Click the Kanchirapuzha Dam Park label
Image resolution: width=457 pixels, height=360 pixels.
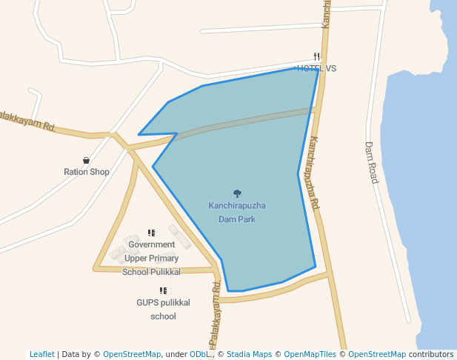click(x=237, y=212)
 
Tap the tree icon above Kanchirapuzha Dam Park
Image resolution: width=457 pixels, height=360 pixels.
click(x=237, y=194)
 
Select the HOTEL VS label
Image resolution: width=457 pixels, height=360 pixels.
click(x=316, y=68)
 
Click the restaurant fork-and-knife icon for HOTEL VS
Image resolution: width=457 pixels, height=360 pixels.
click(x=316, y=56)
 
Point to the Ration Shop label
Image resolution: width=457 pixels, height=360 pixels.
click(x=87, y=172)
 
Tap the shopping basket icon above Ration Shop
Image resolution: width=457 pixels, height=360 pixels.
click(x=87, y=160)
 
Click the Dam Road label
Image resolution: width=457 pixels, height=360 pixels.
click(x=371, y=163)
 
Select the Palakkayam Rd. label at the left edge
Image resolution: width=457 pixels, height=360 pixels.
click(x=28, y=121)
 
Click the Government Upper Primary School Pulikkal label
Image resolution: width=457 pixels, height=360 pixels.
click(x=151, y=258)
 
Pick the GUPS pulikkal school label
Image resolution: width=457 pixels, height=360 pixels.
click(x=163, y=309)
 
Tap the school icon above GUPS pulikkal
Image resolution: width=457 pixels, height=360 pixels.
click(x=163, y=291)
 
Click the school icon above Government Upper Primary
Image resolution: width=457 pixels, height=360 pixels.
click(x=151, y=233)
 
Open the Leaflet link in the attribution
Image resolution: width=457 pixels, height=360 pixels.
click(x=41, y=354)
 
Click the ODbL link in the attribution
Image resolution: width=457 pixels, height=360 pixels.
click(x=199, y=354)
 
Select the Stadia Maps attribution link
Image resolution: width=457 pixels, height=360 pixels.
click(x=249, y=354)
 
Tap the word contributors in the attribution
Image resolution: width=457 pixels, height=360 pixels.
click(x=431, y=354)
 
